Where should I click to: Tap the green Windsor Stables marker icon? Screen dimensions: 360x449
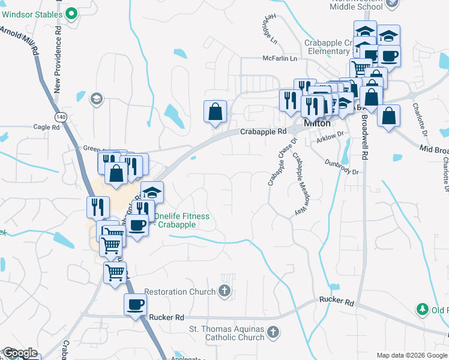[x=72, y=13]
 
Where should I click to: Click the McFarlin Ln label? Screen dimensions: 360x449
[x=280, y=58]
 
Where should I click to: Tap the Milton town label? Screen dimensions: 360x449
[x=317, y=122]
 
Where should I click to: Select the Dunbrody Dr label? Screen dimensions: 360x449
[x=342, y=167]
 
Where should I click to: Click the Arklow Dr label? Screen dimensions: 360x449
[x=330, y=138]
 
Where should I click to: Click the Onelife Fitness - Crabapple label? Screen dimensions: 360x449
[x=181, y=220]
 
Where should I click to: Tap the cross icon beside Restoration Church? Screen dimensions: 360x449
[x=224, y=292]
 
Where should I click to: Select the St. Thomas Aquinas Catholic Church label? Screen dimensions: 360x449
[x=227, y=333]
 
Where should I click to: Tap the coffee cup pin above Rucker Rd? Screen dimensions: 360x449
[x=135, y=304]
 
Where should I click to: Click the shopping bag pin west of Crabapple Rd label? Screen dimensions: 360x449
[x=215, y=111]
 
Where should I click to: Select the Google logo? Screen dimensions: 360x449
[x=20, y=353]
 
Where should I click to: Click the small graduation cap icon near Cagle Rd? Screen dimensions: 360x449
[x=96, y=98]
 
